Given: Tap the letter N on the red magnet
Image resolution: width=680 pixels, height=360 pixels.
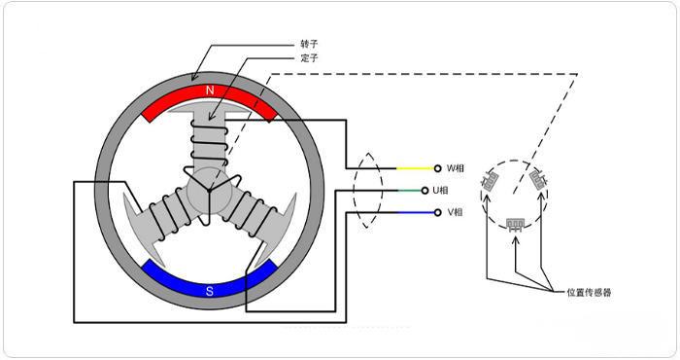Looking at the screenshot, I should (210, 90).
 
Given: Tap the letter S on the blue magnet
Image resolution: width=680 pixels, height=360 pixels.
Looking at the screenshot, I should (210, 288).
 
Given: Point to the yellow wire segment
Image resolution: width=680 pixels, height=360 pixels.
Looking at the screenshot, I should (414, 168).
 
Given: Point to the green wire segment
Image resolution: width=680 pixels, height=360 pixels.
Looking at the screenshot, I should (414, 190).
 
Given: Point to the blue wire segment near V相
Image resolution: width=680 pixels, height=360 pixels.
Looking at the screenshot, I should (414, 212).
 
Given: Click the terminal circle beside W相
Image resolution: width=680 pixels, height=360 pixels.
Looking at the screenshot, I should (438, 168).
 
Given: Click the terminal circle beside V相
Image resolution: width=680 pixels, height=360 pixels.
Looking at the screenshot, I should (438, 212).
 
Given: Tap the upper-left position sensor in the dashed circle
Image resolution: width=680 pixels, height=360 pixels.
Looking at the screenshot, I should (493, 180).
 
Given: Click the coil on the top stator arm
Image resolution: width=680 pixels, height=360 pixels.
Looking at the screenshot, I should (210, 146).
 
